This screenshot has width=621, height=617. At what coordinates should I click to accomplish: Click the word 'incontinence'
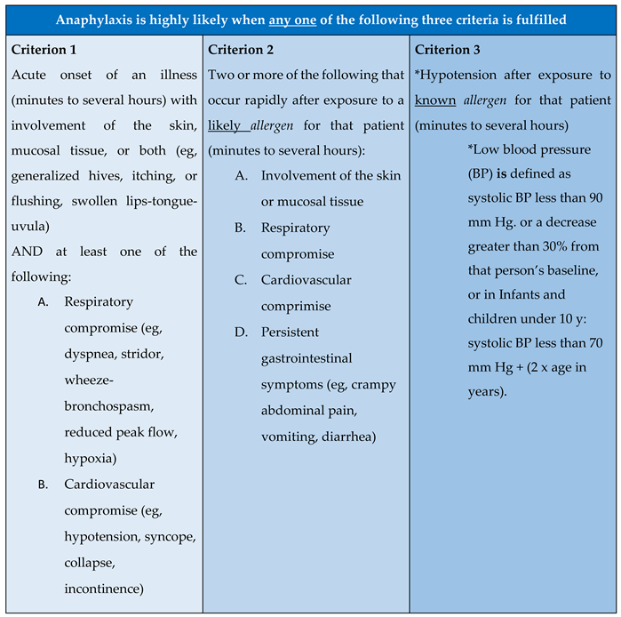pos(103,589)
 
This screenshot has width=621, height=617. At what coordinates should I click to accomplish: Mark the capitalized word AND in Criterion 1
pos(28,252)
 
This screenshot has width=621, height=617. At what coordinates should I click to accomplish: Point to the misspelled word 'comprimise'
pos(295,306)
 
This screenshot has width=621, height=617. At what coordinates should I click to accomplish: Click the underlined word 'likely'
pos(226,126)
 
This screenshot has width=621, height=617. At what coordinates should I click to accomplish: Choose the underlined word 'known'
pos(436,100)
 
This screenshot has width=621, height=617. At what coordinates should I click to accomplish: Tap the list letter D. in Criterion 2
pos(241,333)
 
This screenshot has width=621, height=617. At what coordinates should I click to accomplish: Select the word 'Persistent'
pos(294,333)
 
